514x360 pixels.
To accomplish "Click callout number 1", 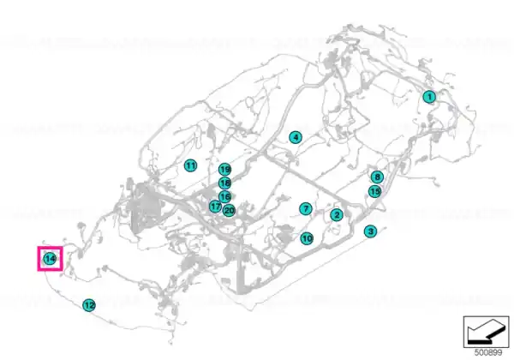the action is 429,97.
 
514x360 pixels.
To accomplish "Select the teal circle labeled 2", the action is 337,215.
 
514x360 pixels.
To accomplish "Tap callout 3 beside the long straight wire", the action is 370,231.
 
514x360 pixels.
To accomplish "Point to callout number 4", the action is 296,137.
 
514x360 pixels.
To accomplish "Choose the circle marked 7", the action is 306,209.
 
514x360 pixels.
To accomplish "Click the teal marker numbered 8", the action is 377,177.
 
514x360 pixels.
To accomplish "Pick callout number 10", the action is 307,238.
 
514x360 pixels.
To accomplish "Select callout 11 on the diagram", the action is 190,165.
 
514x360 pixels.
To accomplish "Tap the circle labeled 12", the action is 89,305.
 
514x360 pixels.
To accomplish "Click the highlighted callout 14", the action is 50,259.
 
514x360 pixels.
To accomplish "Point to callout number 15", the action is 375,191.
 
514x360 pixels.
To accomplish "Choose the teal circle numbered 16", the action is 224,197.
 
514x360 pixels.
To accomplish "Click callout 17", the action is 215,207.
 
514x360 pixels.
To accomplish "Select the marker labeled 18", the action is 224,183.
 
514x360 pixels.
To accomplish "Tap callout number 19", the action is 224,170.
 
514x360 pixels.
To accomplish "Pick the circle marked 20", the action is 229,211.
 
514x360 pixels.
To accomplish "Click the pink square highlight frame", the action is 38,259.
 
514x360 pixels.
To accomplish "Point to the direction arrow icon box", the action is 486,332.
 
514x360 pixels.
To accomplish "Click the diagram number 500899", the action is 488,352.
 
